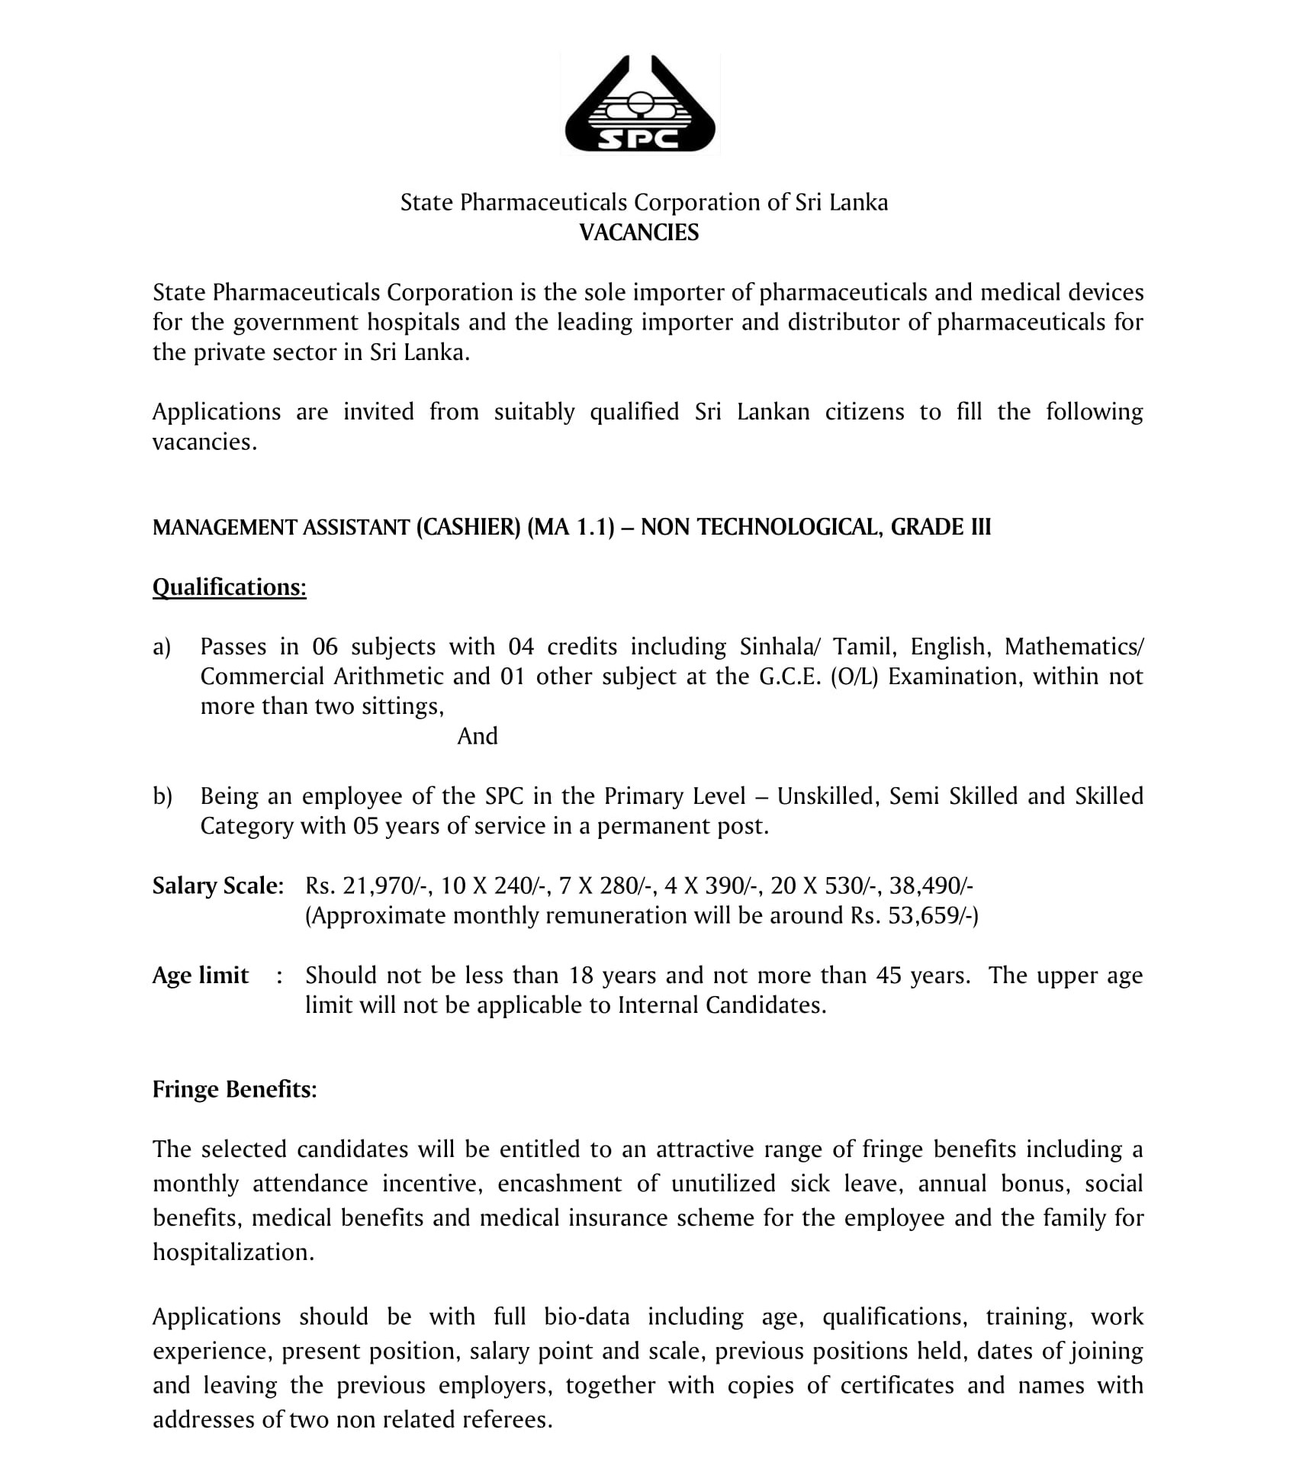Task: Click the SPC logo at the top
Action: (x=640, y=105)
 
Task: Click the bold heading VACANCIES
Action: (x=639, y=233)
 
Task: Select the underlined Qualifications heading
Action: (x=230, y=587)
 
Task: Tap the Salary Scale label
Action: (x=218, y=886)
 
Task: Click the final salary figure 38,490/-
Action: (x=931, y=886)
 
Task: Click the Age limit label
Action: (x=201, y=976)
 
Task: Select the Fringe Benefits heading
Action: (x=234, y=1089)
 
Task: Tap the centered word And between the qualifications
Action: (x=478, y=736)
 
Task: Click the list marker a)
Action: (x=162, y=647)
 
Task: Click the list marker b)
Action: (x=162, y=796)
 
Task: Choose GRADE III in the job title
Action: (x=941, y=527)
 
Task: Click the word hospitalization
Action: (x=233, y=1252)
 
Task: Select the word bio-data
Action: (x=587, y=1316)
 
